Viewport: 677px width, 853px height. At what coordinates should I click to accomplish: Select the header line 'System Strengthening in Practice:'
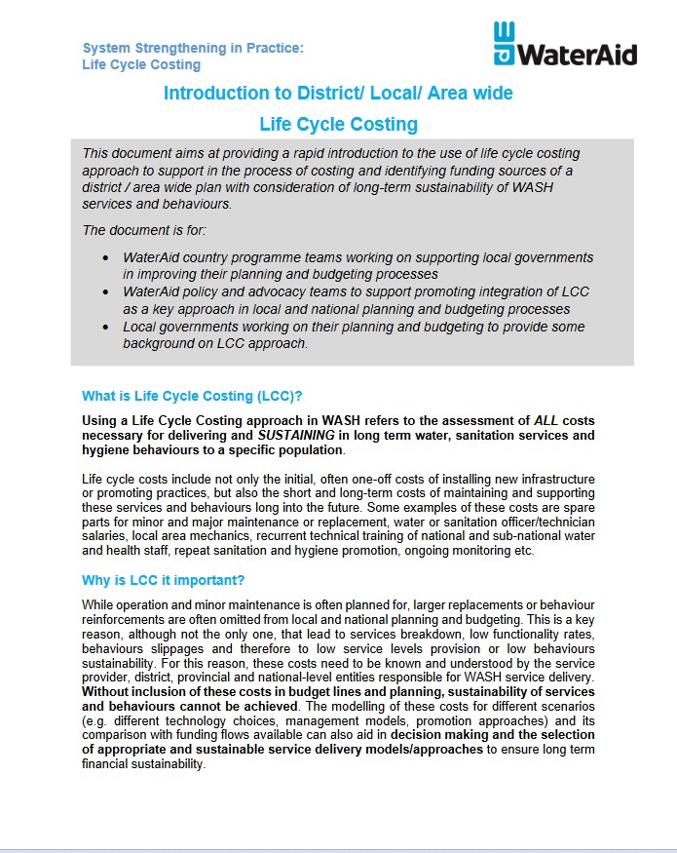click(193, 48)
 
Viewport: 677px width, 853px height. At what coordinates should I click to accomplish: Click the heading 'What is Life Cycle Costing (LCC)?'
click(192, 396)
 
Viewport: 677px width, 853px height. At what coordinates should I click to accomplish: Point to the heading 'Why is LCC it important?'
click(163, 581)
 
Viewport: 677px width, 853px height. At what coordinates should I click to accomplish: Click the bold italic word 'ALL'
click(546, 421)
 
